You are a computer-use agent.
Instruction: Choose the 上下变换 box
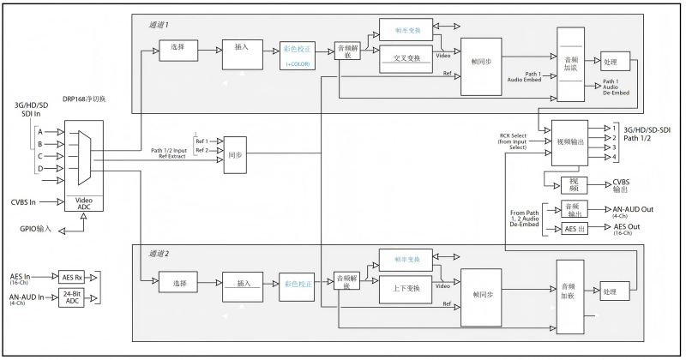pyautogui.click(x=406, y=287)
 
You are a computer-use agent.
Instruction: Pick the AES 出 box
pyautogui.click(x=571, y=230)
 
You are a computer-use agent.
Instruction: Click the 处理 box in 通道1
pyautogui.click(x=616, y=63)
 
